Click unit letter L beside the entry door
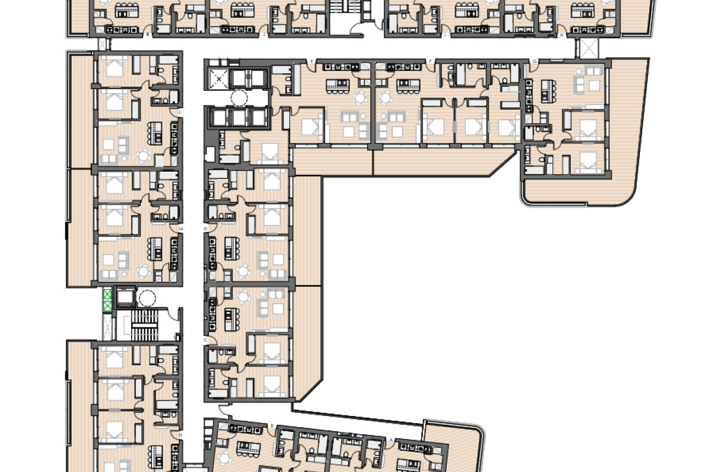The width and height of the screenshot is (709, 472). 180,112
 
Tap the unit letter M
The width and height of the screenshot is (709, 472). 180,227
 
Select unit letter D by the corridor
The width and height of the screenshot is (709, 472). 206,227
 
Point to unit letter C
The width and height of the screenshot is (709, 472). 206,340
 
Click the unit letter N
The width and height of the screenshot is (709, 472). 180,435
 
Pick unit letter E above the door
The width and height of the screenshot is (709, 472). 311,61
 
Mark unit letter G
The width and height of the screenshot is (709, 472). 535,61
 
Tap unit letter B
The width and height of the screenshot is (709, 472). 272,425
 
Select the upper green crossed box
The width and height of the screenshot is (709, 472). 108,294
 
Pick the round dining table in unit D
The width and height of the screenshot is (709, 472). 243,271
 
